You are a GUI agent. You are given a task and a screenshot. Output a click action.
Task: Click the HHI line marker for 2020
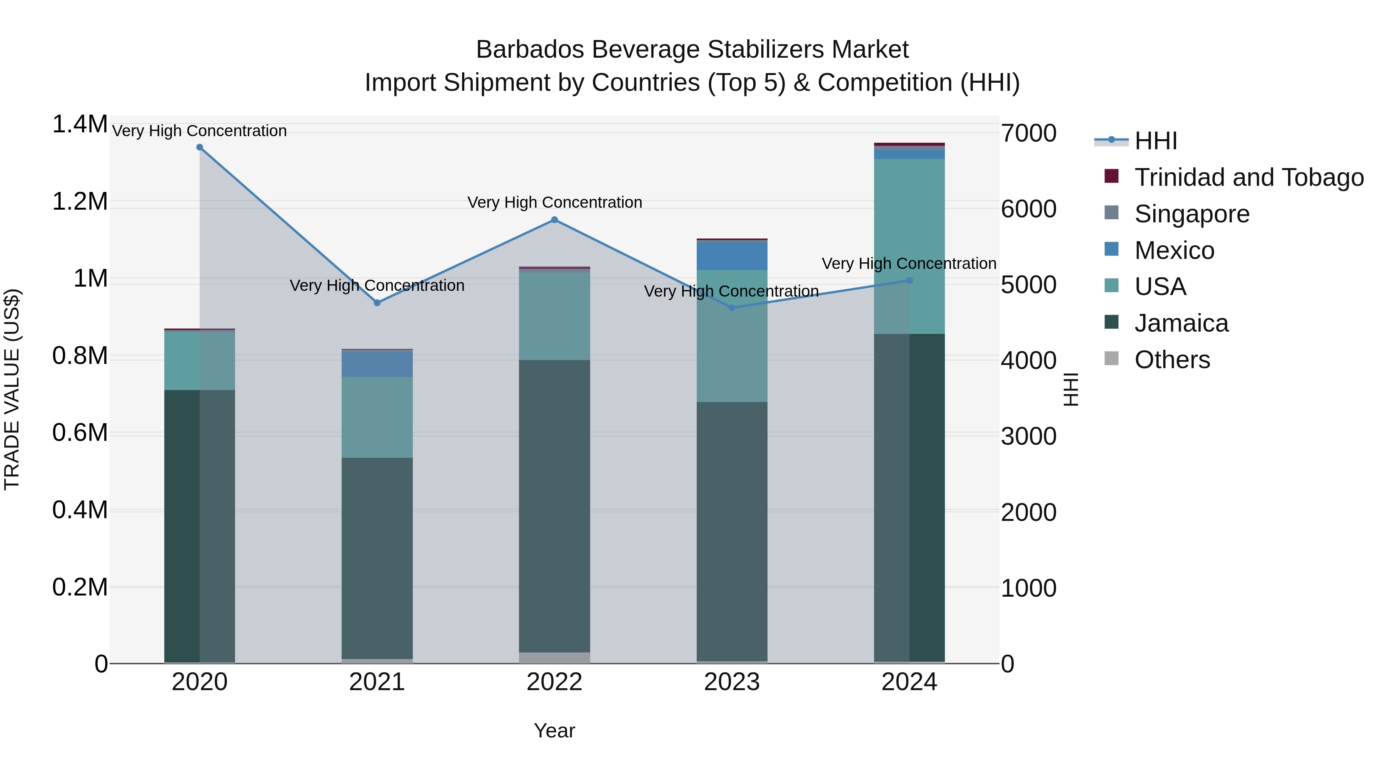click(199, 147)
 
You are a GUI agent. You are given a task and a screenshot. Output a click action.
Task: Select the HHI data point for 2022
click(554, 220)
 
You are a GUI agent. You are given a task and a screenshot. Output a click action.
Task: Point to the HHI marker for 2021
click(377, 303)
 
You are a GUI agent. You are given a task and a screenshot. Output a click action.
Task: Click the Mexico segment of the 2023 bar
click(732, 256)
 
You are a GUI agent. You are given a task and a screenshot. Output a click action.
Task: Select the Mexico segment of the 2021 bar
click(377, 364)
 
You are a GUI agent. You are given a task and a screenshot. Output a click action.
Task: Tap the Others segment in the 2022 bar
click(554, 658)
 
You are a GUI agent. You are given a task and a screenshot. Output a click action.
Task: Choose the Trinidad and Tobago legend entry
click(1248, 177)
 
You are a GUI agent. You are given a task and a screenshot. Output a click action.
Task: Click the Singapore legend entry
click(1191, 214)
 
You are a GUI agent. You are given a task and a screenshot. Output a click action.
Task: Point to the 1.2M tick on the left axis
click(80, 202)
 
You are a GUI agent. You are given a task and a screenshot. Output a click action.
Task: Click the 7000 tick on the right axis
click(1028, 133)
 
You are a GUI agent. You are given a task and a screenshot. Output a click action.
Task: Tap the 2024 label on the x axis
click(909, 682)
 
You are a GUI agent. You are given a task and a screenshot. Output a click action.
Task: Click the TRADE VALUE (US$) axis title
click(12, 389)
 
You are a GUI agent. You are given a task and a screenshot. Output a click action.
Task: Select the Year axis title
click(554, 731)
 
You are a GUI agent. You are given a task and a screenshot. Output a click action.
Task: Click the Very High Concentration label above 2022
click(554, 203)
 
